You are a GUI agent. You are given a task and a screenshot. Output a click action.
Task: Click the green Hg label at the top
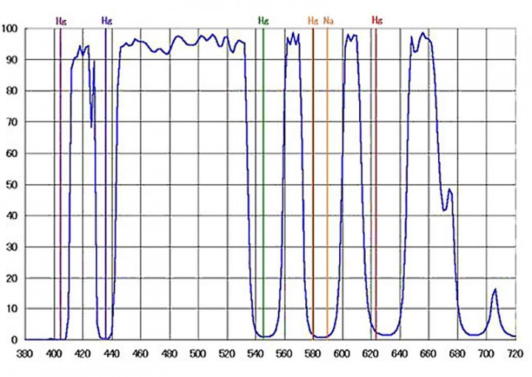tap(263, 21)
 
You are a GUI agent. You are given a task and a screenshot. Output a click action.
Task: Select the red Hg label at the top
tap(377, 21)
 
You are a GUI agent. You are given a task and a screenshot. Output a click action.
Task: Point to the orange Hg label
tap(313, 21)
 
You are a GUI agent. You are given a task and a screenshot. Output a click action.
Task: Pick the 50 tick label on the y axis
tap(13, 184)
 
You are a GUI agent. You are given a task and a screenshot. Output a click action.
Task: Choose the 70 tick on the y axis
tap(13, 122)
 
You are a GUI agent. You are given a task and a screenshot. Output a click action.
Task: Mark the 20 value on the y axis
tap(13, 277)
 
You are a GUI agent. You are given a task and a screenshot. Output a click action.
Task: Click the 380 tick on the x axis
tap(25, 353)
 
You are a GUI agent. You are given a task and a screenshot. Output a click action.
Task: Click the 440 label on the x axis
tap(112, 353)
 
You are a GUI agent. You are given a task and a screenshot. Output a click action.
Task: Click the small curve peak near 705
tap(495, 289)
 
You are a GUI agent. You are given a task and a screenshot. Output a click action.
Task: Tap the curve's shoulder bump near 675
tap(449, 190)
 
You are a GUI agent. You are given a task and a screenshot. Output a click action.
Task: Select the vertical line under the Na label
tap(327, 185)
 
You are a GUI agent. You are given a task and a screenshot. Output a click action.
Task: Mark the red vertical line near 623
tap(375, 185)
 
